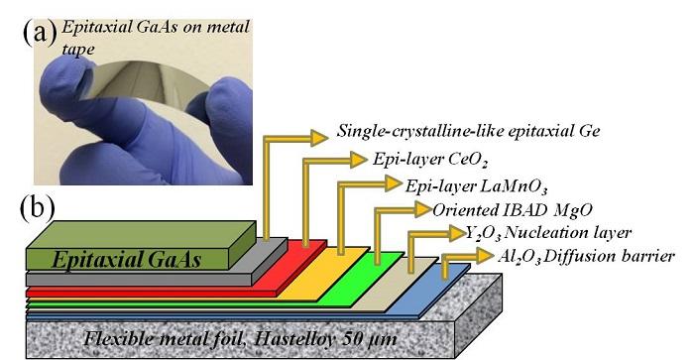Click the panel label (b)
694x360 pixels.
click(39, 211)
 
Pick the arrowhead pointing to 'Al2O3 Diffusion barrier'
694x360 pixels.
click(483, 257)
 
